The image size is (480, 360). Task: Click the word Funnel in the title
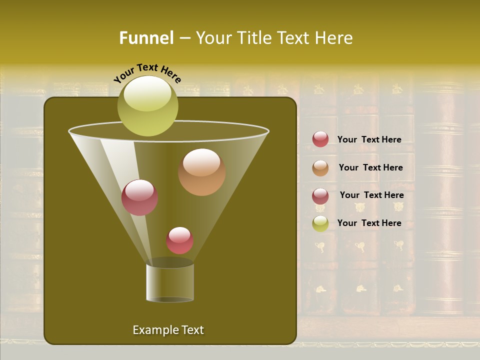[146, 38]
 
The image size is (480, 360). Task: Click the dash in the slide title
[184, 38]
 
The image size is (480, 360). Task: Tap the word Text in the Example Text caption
[191, 330]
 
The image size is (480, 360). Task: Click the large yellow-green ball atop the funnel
[147, 105]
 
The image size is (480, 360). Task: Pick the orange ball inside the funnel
[201, 172]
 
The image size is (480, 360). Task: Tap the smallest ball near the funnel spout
[179, 240]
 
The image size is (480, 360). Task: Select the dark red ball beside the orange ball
[139, 197]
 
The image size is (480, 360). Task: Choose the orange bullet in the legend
[320, 168]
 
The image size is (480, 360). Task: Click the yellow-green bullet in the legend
[320, 223]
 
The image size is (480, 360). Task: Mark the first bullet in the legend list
[320, 139]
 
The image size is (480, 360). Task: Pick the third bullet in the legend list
[320, 196]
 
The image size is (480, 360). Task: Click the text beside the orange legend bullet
[370, 167]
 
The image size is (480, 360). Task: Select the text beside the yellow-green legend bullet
[369, 223]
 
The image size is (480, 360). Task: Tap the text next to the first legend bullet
[369, 139]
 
